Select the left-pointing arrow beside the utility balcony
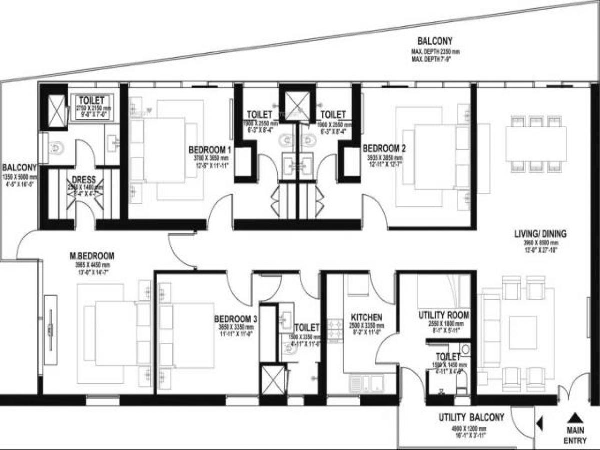540,425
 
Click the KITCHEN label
367,318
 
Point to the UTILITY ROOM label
443,315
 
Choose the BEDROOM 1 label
210,149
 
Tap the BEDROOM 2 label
384,148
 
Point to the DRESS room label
84,179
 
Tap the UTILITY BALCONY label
471,417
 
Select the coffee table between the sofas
523,332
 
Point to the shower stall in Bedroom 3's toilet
273,381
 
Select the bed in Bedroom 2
435,157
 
